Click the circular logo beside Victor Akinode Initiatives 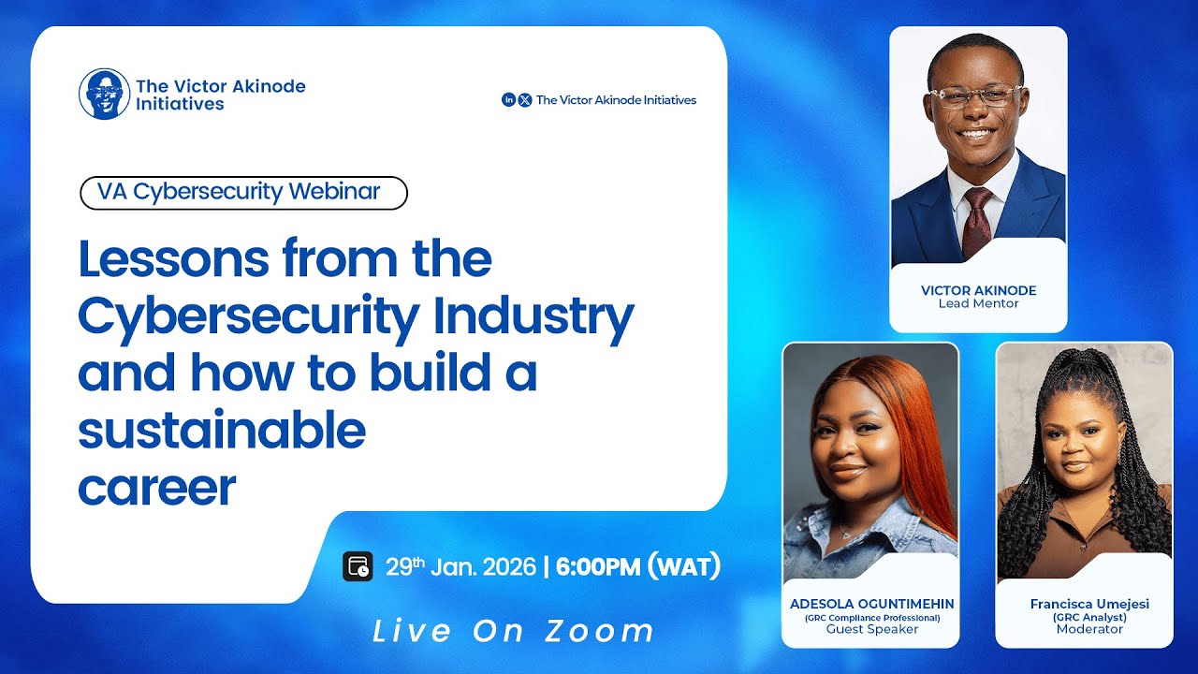tap(104, 94)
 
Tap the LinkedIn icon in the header tap(509, 100)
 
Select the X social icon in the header tap(525, 100)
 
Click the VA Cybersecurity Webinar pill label tap(243, 192)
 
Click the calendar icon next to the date tap(358, 567)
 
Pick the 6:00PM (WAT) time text tap(638, 567)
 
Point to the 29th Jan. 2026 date tap(460, 567)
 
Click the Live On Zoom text tap(514, 630)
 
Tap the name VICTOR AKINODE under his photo tap(978, 290)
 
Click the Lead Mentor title tap(978, 303)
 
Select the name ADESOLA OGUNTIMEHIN tap(870, 604)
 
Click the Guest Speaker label tap(870, 629)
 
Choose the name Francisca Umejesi tap(1089, 604)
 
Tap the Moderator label tap(1089, 629)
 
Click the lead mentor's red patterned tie tap(977, 220)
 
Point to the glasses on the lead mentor tap(974, 95)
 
